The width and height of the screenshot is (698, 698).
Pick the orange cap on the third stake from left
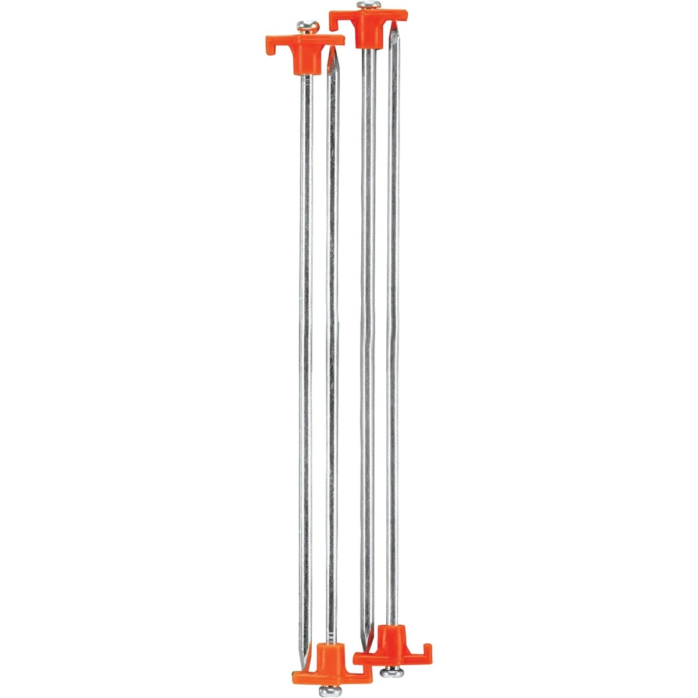point(368,23)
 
